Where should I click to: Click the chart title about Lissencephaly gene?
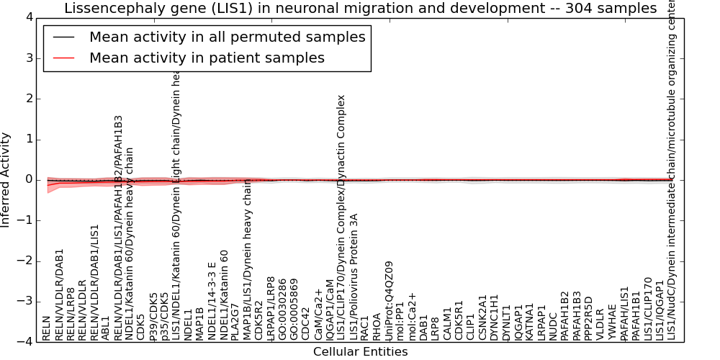pos(360,9)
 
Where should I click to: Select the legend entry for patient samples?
pos(207,58)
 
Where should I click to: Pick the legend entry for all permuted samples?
pos(227,37)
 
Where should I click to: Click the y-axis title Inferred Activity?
pos(6,180)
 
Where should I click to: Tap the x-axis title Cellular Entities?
pos(360,352)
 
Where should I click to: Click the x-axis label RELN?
pos(47,328)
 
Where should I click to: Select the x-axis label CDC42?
pos(306,325)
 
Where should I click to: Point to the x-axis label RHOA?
pos(377,326)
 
